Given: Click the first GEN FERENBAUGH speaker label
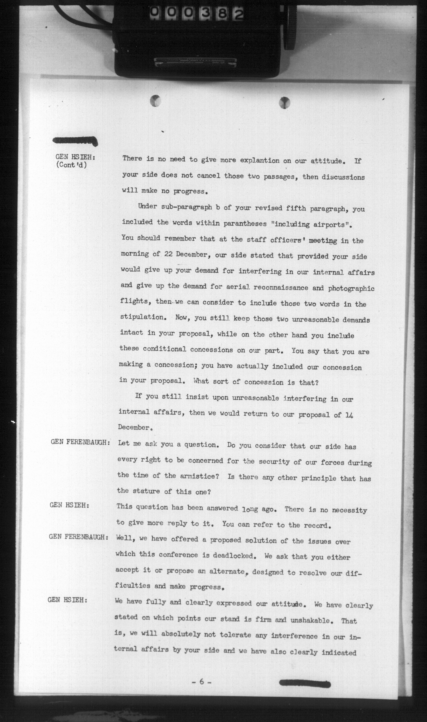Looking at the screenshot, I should pyautogui.click(x=80, y=442).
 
